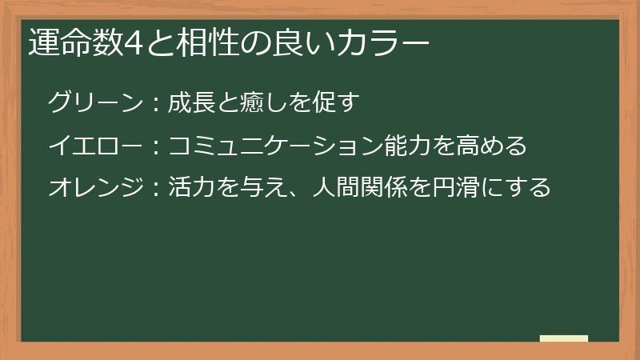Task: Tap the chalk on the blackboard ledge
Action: (x=563, y=338)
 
